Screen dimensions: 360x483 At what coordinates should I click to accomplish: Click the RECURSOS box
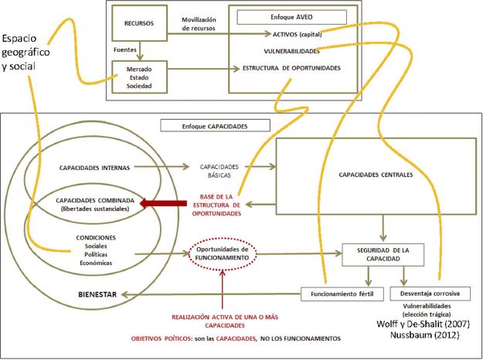click(x=139, y=24)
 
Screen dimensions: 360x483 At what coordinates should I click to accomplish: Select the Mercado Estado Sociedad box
click(x=139, y=77)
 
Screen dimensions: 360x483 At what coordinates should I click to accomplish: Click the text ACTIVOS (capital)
click(x=298, y=35)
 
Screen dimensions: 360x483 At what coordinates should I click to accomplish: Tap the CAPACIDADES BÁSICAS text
click(x=219, y=170)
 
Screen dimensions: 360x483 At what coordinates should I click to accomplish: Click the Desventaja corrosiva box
click(x=425, y=293)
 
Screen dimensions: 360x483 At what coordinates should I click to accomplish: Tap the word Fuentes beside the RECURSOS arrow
click(x=122, y=47)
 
